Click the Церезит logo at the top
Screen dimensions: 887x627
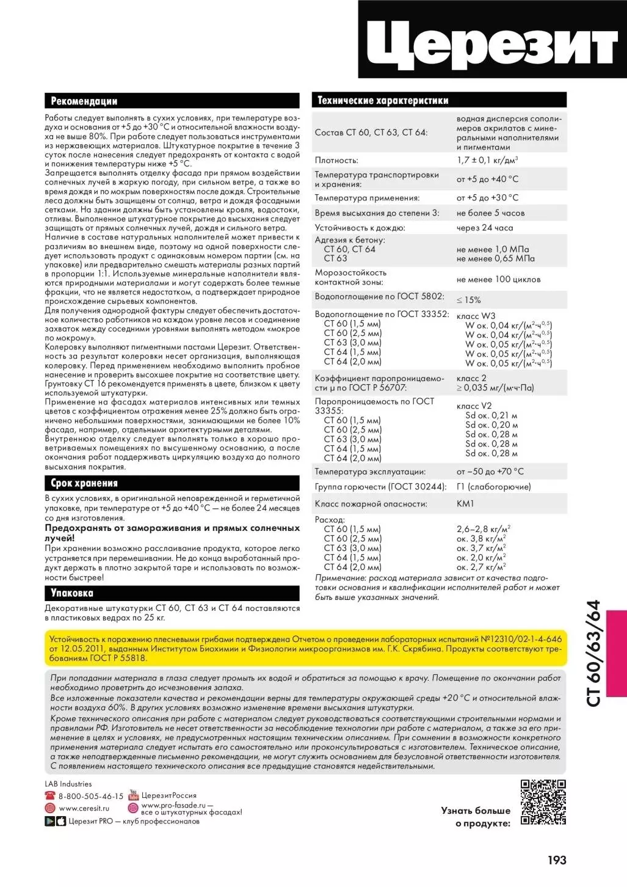tap(492, 40)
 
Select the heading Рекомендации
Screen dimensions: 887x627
tap(84, 101)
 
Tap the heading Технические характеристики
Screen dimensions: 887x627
tap(383, 101)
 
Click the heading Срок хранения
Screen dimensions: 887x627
tap(84, 483)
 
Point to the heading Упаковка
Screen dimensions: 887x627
tap(72, 593)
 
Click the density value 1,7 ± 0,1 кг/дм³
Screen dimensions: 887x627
tap(487, 160)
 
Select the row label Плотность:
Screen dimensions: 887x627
tap(336, 161)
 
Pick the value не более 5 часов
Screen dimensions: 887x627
tap(490, 213)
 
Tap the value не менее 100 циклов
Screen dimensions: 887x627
tap(498, 279)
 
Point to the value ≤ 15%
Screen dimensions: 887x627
tap(468, 300)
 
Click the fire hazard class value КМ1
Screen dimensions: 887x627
tap(465, 504)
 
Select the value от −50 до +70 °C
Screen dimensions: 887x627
tap(490, 472)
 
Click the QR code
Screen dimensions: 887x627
tap(543, 802)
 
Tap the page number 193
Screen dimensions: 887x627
tap(557, 860)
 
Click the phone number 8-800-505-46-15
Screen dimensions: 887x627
tap(90, 797)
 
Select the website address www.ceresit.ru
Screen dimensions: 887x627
tap(84, 808)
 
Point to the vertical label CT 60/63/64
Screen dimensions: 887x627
tap(593, 653)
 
